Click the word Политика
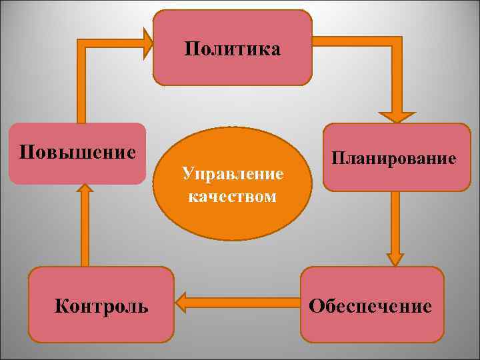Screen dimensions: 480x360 pyautogui.click(x=233, y=49)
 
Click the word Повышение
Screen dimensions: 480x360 pyautogui.click(x=77, y=151)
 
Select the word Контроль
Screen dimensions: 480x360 pyautogui.click(x=101, y=306)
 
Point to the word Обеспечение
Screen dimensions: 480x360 pyautogui.click(x=370, y=306)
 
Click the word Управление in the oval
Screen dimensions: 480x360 pyautogui.click(x=233, y=175)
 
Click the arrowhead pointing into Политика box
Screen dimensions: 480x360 pyautogui.click(x=148, y=43)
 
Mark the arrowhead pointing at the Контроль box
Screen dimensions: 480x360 pyautogui.click(x=181, y=303)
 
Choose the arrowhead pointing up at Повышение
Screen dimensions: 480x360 pyautogui.click(x=84, y=189)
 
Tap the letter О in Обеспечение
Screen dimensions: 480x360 pyautogui.click(x=315, y=306)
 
